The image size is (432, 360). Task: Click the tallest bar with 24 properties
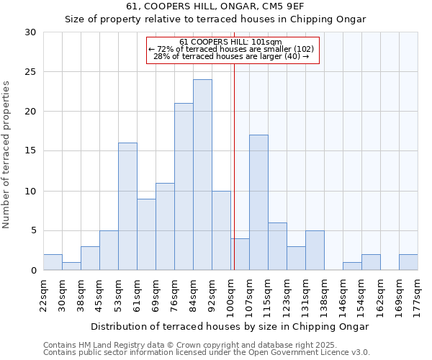202,175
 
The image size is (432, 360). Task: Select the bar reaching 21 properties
184,186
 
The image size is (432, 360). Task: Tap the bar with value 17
258,202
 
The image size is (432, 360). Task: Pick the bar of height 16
127,207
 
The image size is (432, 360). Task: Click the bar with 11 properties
165,226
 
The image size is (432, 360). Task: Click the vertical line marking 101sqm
234,166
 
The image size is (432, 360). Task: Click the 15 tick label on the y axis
31,151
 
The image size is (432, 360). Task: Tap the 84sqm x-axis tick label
193,293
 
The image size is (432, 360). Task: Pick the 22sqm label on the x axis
43,293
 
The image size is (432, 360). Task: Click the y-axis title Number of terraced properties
7,155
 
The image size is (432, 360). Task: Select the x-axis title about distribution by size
230,326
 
